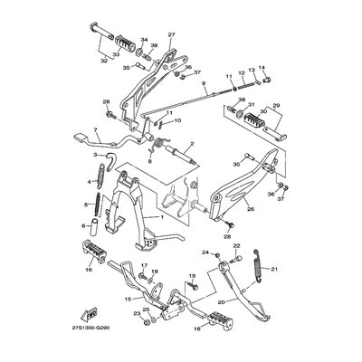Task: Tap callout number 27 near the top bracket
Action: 171,35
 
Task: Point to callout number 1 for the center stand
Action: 163,218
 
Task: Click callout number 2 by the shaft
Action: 192,145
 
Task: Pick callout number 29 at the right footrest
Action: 277,106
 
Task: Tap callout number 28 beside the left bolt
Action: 106,100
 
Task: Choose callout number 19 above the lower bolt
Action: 192,276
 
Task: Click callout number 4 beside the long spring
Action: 90,181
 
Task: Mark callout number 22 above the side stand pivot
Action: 237,245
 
